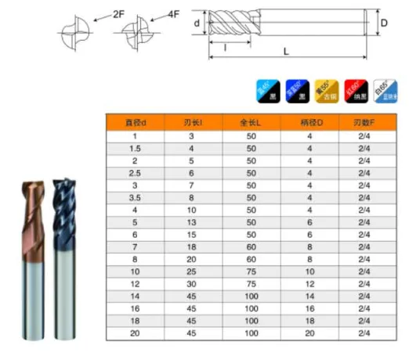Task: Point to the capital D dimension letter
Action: click(x=385, y=23)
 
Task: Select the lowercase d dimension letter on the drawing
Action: click(x=197, y=23)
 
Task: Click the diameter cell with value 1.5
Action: click(x=135, y=148)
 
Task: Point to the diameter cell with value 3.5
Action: click(x=135, y=198)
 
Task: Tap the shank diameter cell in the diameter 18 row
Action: click(x=309, y=322)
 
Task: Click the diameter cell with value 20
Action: click(x=135, y=334)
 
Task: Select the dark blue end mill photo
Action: click(x=64, y=258)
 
